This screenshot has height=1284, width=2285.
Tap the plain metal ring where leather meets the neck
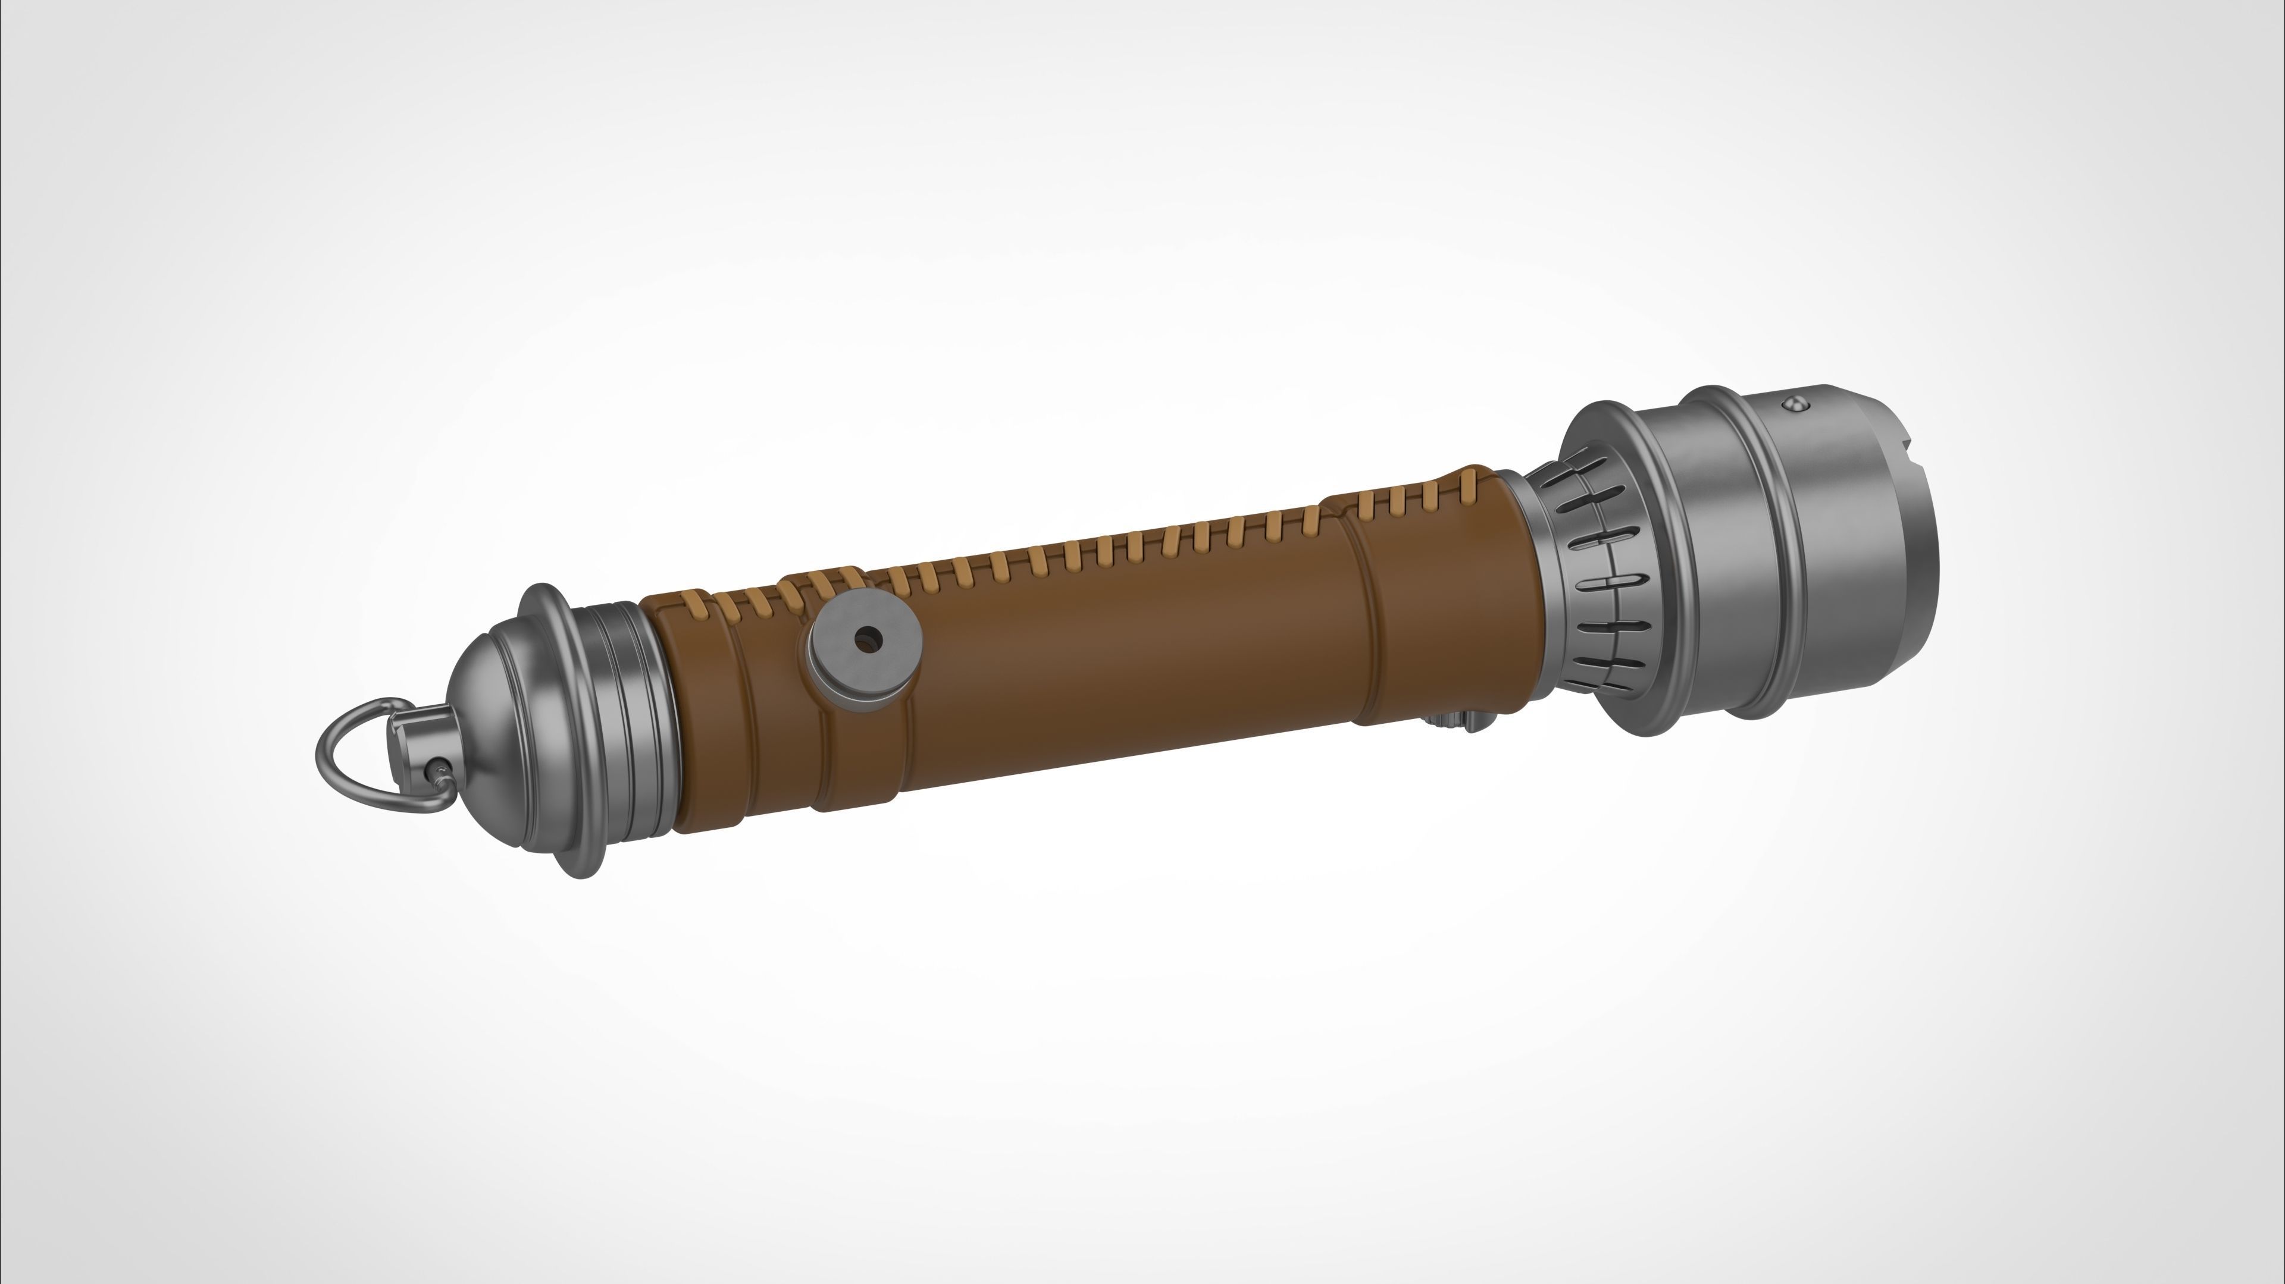[1530, 603]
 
